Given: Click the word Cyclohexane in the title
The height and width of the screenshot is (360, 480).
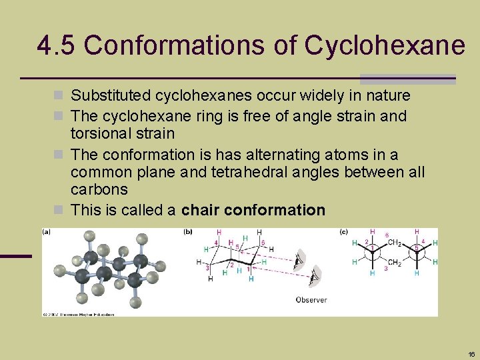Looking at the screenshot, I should [x=385, y=45].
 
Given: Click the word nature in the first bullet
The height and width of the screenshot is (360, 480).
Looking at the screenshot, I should [x=387, y=96].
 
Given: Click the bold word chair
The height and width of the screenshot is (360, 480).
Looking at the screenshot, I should [x=201, y=210].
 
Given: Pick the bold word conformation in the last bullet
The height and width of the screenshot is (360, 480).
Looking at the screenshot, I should [x=275, y=210].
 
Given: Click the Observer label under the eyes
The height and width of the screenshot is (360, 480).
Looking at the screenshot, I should [x=311, y=300].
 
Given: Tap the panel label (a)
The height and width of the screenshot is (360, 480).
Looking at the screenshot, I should [x=47, y=231].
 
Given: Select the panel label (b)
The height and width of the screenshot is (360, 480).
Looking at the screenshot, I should [x=188, y=231].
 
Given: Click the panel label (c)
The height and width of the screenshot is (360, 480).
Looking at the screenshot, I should [x=344, y=231].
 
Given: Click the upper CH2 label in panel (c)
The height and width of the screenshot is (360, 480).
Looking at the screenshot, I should [x=394, y=242].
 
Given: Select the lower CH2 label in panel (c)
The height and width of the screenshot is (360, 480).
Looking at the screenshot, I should [x=395, y=263].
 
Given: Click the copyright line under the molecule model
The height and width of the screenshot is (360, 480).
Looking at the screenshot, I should [x=79, y=313].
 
